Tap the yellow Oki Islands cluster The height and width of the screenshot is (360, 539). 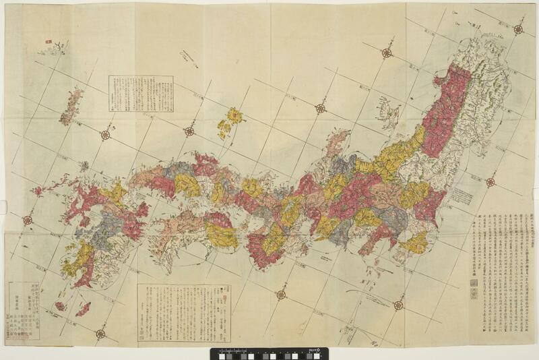pos(231,120)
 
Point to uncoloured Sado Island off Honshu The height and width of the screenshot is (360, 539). pos(388,108)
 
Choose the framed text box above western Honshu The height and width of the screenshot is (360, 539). pos(141,93)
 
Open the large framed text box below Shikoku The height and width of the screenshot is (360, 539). pos(183,312)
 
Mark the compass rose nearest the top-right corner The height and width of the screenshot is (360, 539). pos(518,29)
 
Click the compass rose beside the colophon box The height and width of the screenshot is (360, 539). pos(100,333)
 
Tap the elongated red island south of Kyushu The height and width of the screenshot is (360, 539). pos(83,309)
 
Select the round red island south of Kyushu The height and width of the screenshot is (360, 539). pos(60,306)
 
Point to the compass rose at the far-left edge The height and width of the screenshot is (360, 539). pos(28,220)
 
